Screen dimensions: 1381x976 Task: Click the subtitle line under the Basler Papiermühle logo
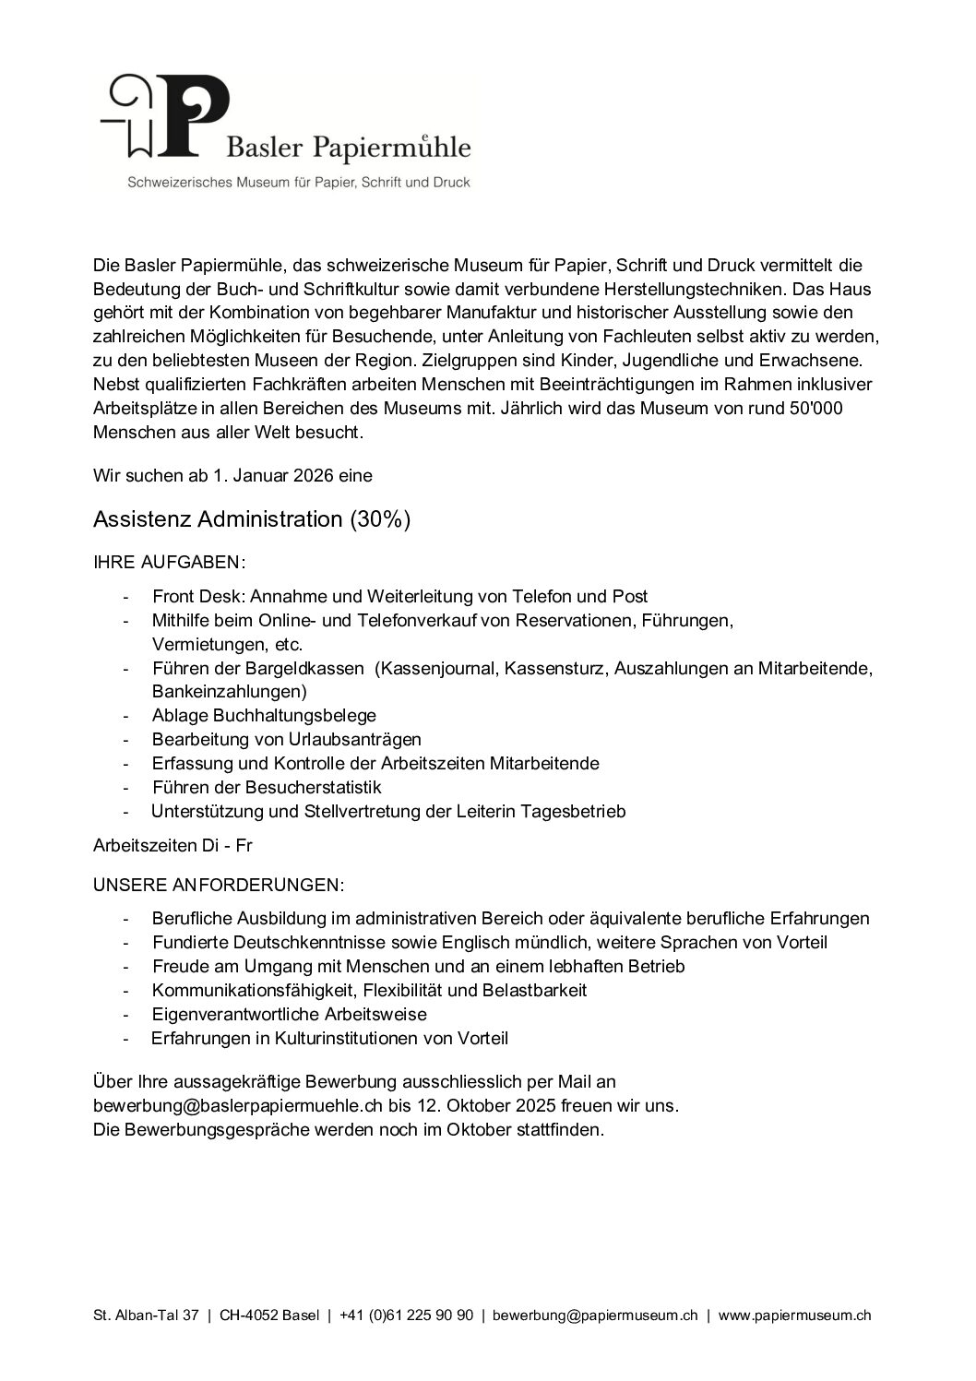coord(299,183)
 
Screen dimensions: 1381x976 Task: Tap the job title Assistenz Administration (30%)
coord(251,519)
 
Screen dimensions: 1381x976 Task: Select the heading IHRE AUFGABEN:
coord(169,562)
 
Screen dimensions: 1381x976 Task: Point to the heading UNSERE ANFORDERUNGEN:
coord(219,885)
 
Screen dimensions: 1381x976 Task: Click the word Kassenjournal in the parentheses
coord(437,668)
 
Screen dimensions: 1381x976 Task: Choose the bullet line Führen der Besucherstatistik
coord(267,787)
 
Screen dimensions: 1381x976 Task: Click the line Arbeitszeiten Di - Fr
coord(173,845)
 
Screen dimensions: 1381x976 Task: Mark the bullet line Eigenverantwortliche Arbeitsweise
coord(289,1014)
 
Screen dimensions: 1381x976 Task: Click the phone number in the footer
coord(406,1316)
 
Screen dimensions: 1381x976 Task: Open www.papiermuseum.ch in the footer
coord(794,1316)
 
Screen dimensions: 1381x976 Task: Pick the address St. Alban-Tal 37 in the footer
coord(146,1316)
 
